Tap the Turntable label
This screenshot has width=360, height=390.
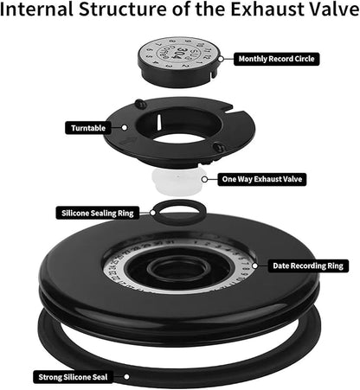(87, 127)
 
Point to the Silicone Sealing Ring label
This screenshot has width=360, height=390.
(98, 212)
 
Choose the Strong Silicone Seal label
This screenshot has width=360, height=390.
(73, 376)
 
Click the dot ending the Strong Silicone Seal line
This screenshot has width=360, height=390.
(128, 376)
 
